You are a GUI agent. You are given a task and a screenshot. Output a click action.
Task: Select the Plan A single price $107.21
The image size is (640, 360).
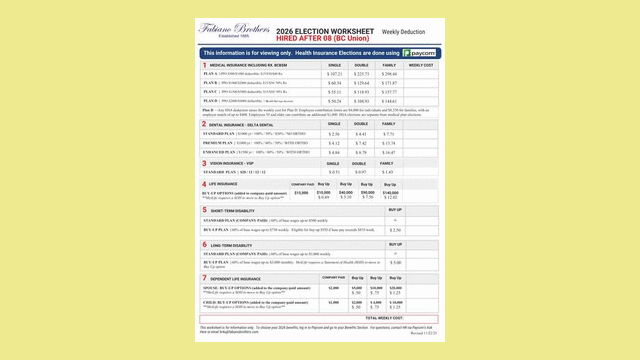point(334,74)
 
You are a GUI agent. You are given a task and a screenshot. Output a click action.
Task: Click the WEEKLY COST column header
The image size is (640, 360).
point(421,65)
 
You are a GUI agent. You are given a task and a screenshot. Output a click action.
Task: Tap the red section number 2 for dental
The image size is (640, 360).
point(205,123)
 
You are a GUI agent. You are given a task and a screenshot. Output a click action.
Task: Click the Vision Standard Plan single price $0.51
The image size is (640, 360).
point(334,171)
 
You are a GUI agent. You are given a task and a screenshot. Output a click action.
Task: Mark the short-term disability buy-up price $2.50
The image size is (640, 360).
point(395,229)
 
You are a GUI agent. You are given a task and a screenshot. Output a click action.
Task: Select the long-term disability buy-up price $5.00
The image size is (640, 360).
point(395,263)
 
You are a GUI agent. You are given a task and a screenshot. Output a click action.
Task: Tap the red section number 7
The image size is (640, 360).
point(205,278)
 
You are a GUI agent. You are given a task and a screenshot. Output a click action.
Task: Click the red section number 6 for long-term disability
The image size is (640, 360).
point(205,244)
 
